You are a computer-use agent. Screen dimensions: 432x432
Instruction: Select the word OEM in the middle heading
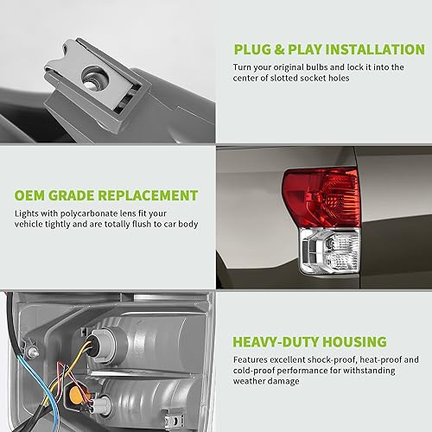[x=30, y=195]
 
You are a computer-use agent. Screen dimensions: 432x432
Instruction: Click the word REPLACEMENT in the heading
[x=149, y=195]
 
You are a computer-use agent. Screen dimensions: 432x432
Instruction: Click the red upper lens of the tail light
[x=319, y=196]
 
